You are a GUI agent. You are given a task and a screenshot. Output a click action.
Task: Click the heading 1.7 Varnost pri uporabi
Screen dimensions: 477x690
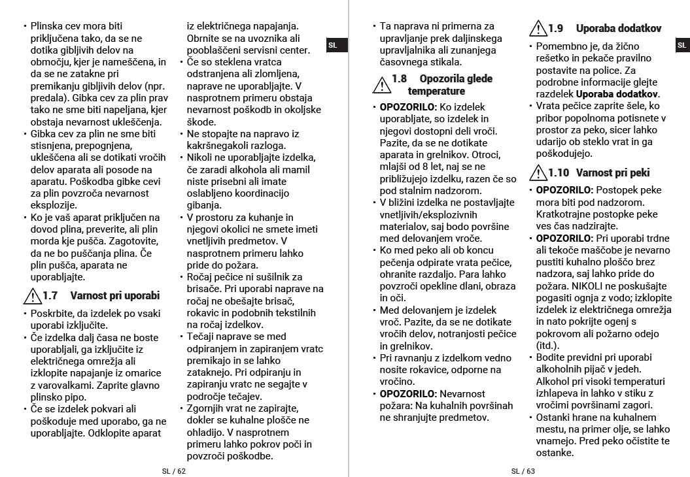click(x=101, y=295)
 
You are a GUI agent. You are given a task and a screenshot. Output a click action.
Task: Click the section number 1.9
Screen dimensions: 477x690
click(x=555, y=28)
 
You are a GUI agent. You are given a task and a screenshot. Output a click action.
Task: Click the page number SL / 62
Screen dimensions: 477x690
click(x=174, y=471)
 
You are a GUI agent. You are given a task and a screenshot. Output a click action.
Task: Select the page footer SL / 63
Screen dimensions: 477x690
click(x=523, y=471)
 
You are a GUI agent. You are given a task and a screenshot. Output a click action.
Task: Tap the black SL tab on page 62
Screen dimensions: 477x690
click(x=333, y=45)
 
